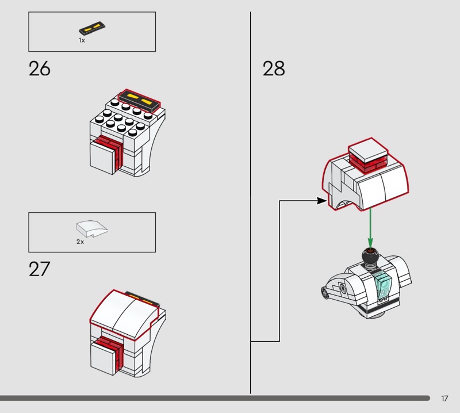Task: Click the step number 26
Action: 39,68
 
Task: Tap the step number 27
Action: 39,269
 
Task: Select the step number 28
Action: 274,68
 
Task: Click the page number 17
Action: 444,398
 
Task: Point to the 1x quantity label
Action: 82,40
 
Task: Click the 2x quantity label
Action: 80,242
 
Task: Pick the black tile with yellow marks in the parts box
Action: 92,27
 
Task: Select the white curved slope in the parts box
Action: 91,228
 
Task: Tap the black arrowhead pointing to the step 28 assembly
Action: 322,201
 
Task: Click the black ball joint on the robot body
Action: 370,257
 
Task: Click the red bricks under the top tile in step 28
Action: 368,165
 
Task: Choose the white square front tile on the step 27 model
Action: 102,358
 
